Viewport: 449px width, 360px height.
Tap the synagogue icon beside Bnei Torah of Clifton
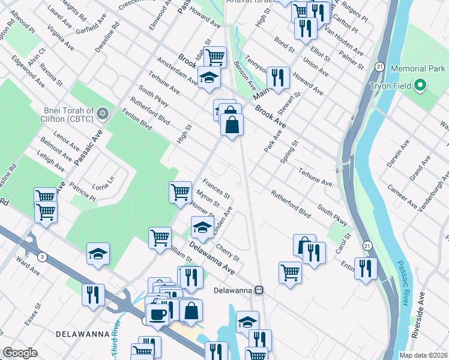tap(103, 112)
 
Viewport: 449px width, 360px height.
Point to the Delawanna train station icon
tap(259, 289)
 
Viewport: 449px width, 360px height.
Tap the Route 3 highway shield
tap(43, 257)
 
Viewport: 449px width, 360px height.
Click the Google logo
tap(20, 353)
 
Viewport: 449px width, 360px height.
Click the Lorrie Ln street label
tap(103, 180)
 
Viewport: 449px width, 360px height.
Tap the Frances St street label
tap(216, 188)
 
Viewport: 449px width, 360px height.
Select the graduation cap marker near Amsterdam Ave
tap(209, 78)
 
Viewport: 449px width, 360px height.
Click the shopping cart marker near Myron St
tap(180, 192)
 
